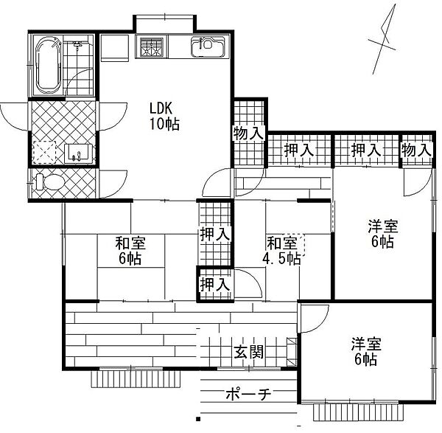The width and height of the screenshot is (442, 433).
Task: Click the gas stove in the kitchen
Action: pos(154,47)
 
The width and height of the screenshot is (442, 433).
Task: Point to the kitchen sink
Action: pos(206,47)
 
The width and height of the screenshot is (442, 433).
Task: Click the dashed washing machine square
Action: pos(46,153)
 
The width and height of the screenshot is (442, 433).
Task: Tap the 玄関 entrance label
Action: pos(249,352)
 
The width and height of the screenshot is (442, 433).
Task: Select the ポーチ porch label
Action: pos(248,395)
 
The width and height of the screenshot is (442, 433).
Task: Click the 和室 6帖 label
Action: pos(129,250)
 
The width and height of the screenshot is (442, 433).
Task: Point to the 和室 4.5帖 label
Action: pos(283,250)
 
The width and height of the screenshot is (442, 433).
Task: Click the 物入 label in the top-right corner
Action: pos(415,150)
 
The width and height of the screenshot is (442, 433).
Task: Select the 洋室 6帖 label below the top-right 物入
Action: pos(381,235)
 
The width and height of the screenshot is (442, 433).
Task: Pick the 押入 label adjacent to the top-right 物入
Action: pos(365,150)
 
